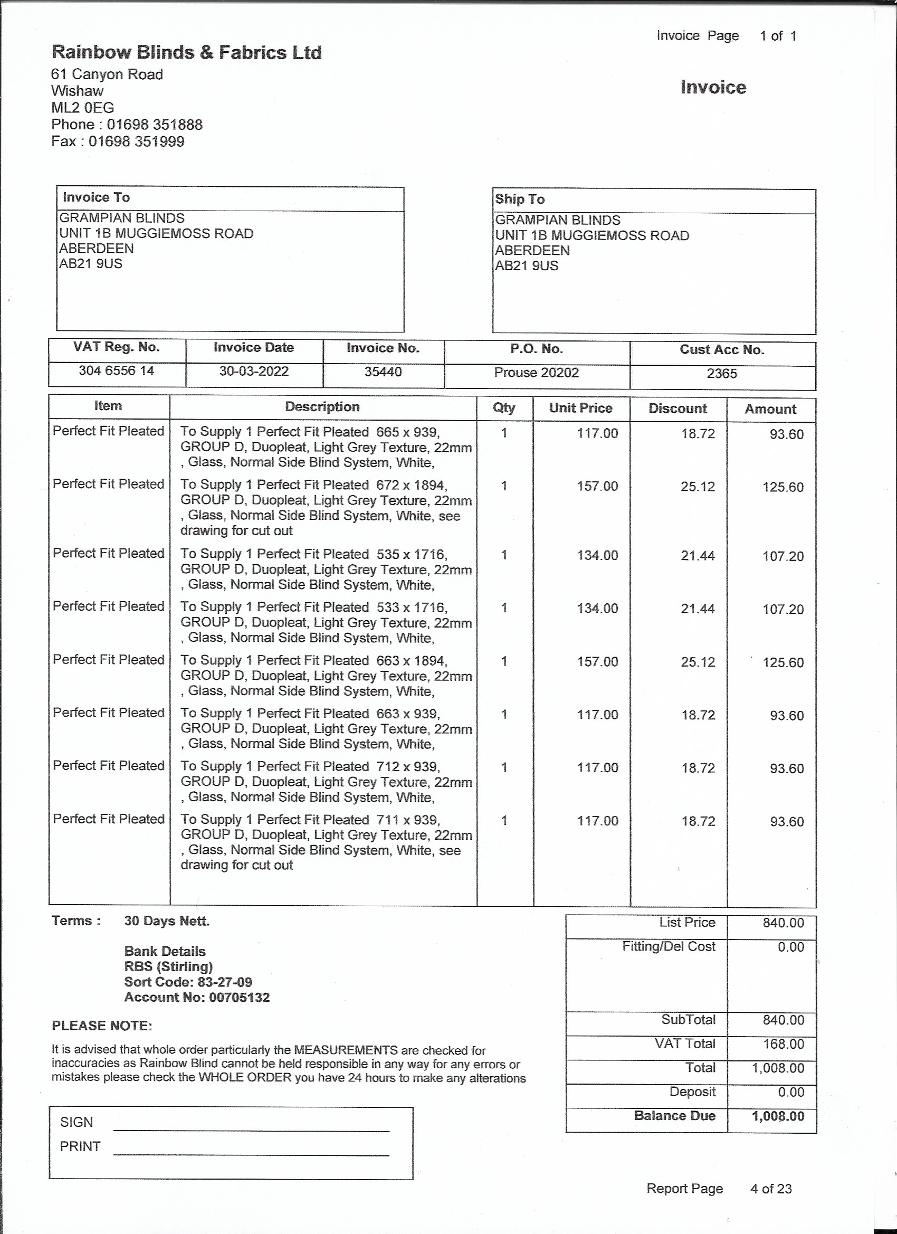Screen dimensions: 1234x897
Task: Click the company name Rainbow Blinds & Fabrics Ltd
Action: (x=187, y=53)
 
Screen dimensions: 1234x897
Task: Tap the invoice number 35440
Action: (x=383, y=372)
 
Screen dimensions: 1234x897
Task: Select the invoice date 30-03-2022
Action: (x=253, y=371)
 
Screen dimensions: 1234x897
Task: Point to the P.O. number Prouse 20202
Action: (x=536, y=372)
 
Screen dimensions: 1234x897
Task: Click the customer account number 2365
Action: (x=722, y=373)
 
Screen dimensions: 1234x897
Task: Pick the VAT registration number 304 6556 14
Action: (x=117, y=371)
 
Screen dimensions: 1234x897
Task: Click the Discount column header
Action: (x=677, y=409)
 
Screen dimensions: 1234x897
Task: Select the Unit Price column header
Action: (x=580, y=408)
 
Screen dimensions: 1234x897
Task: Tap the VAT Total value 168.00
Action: (x=784, y=1044)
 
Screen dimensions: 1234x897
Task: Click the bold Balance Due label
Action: (x=674, y=1116)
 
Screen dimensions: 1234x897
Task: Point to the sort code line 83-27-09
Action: (x=188, y=982)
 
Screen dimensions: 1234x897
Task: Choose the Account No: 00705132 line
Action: (x=197, y=998)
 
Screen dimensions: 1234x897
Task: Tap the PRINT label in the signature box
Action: (x=80, y=1146)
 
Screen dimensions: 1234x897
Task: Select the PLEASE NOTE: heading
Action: (x=102, y=1026)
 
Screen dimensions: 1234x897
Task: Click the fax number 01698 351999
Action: (x=136, y=141)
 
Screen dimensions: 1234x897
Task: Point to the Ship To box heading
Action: (x=520, y=199)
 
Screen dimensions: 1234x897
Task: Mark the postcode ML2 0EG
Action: (x=83, y=108)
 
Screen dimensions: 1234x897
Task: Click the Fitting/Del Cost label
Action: (x=669, y=947)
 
